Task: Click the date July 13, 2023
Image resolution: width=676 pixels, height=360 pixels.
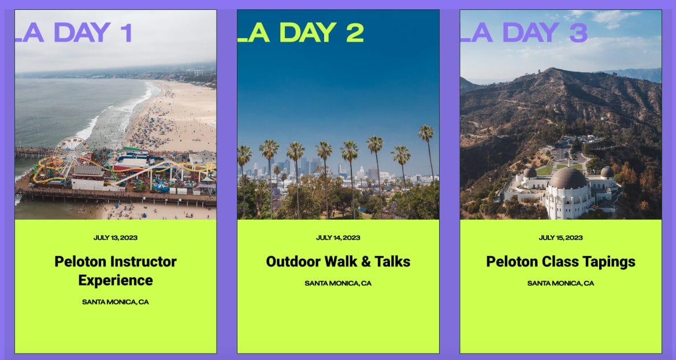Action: coord(116,237)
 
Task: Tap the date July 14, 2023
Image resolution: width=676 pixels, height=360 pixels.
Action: coord(338,237)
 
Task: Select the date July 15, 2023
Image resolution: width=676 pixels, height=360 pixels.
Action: coord(560,237)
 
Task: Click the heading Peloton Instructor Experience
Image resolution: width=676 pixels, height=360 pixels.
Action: coord(116,271)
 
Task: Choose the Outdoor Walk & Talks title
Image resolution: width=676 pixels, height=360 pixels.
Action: coord(338,261)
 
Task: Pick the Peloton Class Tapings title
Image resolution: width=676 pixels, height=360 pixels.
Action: coord(560,262)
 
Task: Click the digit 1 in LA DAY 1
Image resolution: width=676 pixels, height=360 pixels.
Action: coord(126,33)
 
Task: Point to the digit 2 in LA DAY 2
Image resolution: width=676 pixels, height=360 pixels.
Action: coord(355,33)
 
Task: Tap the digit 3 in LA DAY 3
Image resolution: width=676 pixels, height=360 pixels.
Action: coord(578,33)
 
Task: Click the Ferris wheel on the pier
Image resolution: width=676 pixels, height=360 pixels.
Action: coord(70,155)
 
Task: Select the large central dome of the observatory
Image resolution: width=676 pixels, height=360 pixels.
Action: coord(568,177)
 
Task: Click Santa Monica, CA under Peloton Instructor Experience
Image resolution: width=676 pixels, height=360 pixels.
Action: coord(116,302)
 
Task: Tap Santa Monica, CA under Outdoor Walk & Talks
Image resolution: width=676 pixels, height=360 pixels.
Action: coord(338,283)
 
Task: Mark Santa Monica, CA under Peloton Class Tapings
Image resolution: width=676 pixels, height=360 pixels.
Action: coord(560,283)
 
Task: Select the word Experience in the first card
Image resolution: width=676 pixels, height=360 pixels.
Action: coord(116,280)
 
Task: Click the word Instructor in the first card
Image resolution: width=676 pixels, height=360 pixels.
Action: coord(143,261)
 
